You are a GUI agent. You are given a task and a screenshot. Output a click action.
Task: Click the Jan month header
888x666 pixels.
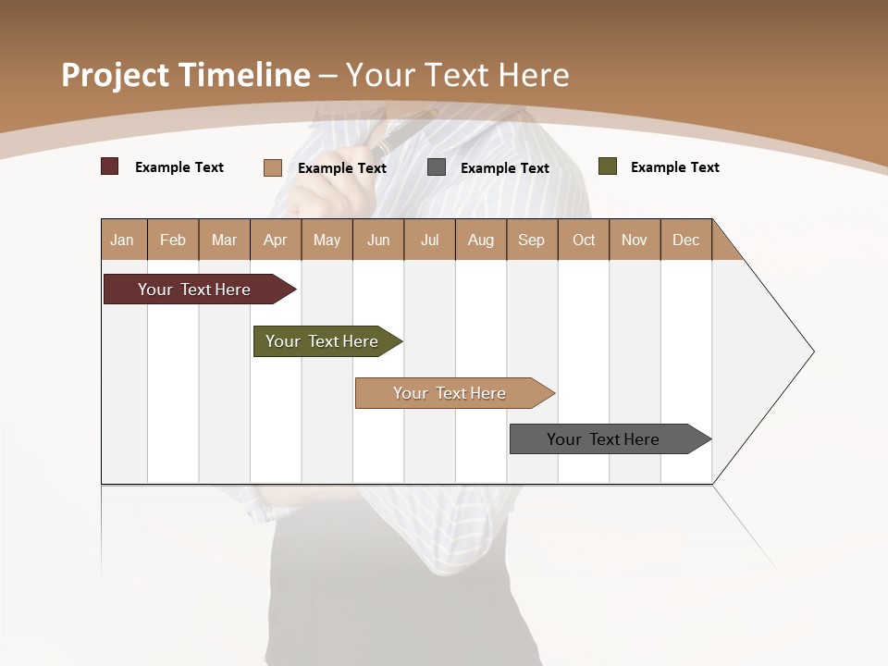123,240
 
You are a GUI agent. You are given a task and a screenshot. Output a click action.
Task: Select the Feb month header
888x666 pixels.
173,240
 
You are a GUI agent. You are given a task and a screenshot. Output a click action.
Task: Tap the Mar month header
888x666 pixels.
224,240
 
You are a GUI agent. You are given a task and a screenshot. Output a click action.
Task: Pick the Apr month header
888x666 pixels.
276,240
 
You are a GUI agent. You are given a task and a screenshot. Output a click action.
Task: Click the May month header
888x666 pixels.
327,240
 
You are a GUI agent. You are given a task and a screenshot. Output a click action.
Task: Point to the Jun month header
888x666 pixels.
378,240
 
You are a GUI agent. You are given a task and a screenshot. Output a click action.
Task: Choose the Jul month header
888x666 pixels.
429,240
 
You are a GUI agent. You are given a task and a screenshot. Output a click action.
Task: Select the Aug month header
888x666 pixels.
481,240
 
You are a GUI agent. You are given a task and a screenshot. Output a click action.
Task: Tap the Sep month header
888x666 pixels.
532,240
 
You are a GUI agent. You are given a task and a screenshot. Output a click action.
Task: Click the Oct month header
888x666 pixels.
584,240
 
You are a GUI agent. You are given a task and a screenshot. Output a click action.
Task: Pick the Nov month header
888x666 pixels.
635,240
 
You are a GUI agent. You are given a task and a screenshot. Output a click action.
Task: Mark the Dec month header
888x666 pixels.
686,240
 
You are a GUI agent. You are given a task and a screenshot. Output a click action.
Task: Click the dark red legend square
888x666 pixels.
110,166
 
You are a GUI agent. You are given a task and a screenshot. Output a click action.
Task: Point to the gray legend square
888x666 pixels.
437,167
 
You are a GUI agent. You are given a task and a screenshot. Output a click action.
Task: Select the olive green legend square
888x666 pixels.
607,166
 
